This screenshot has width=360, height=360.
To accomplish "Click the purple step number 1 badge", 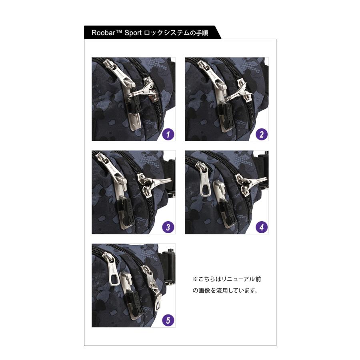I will tap(168, 134).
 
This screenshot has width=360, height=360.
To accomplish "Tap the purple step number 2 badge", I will tap(262, 134).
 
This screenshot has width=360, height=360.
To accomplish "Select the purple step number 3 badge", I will tap(168, 228).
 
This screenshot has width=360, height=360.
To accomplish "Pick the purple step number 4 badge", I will tap(262, 228).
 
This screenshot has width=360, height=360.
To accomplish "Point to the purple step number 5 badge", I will tap(168, 320).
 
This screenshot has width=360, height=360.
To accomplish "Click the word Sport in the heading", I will tap(134, 33).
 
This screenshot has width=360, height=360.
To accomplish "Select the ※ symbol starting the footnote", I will tap(196, 279).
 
